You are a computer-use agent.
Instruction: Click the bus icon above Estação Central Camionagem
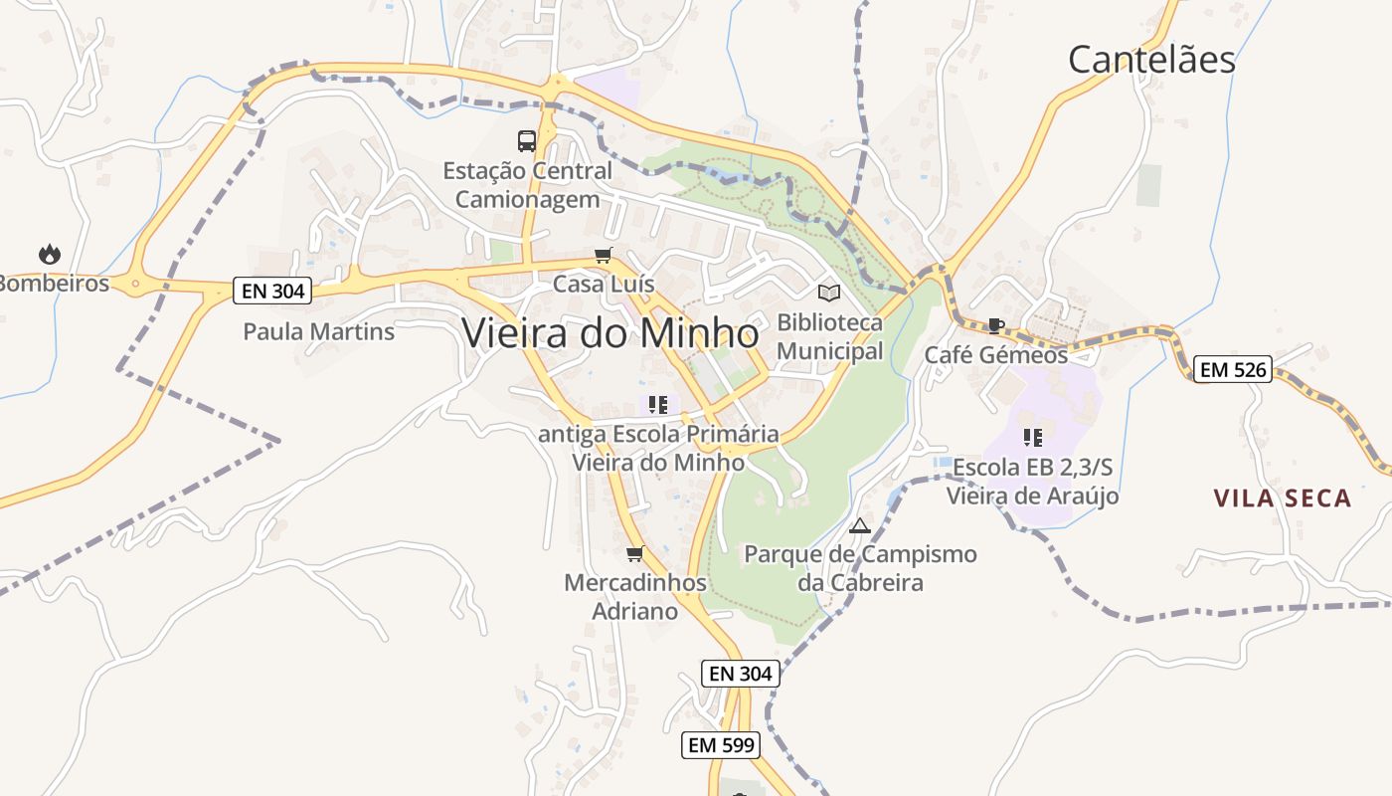pyautogui.click(x=527, y=141)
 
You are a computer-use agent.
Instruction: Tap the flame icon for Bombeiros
pyautogui.click(x=50, y=255)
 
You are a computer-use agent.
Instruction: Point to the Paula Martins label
pyautogui.click(x=319, y=331)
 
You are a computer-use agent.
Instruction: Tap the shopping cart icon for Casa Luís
pyautogui.click(x=604, y=256)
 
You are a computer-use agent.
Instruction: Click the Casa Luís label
pyautogui.click(x=604, y=285)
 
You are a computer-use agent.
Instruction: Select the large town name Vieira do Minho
pyautogui.click(x=610, y=333)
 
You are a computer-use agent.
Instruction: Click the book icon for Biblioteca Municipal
pyautogui.click(x=828, y=293)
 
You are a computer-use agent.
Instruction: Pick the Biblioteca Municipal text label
pyautogui.click(x=829, y=337)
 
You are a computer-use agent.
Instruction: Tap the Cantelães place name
pyautogui.click(x=1151, y=60)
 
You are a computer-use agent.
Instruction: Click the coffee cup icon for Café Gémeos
pyautogui.click(x=995, y=325)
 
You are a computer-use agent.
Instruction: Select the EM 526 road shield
pyautogui.click(x=1233, y=370)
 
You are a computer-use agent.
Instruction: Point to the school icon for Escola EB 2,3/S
pyautogui.click(x=1033, y=437)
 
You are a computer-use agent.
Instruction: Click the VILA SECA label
pyautogui.click(x=1283, y=498)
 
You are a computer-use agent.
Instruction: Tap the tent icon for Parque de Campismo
pyautogui.click(x=860, y=525)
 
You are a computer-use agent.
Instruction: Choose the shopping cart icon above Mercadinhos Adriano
pyautogui.click(x=635, y=553)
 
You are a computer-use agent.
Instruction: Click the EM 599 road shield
pyautogui.click(x=722, y=744)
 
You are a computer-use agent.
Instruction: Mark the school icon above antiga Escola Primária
pyautogui.click(x=657, y=404)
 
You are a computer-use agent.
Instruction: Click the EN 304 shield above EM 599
pyautogui.click(x=741, y=674)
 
